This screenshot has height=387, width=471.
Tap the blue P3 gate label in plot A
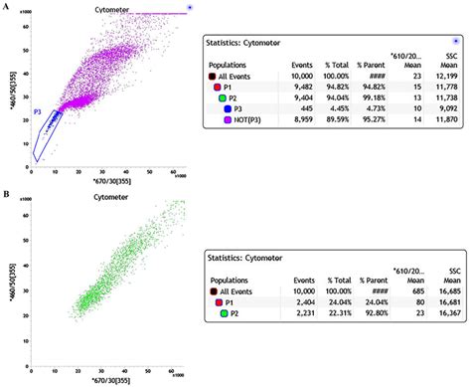38,112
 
